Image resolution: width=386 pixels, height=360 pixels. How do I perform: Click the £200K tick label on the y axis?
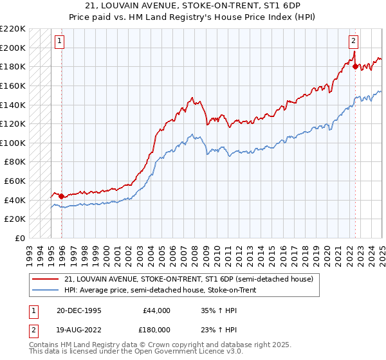[14, 48]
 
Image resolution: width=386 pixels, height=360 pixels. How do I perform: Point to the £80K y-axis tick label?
[15, 162]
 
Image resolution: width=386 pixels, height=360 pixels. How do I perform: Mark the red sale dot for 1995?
[62, 196]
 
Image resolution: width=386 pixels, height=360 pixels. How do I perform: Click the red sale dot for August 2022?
[355, 66]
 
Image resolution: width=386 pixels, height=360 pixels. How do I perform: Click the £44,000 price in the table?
[155, 310]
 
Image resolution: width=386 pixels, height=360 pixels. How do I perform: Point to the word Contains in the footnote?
[46, 346]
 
